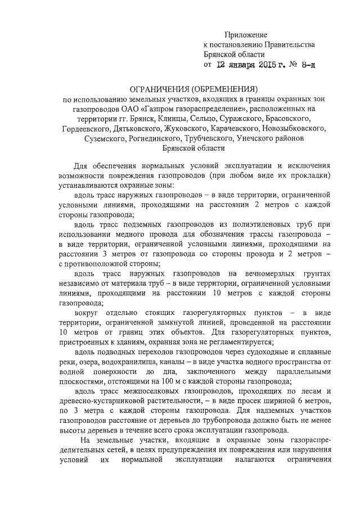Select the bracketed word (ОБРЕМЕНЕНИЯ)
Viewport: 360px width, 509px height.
tap(224, 88)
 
